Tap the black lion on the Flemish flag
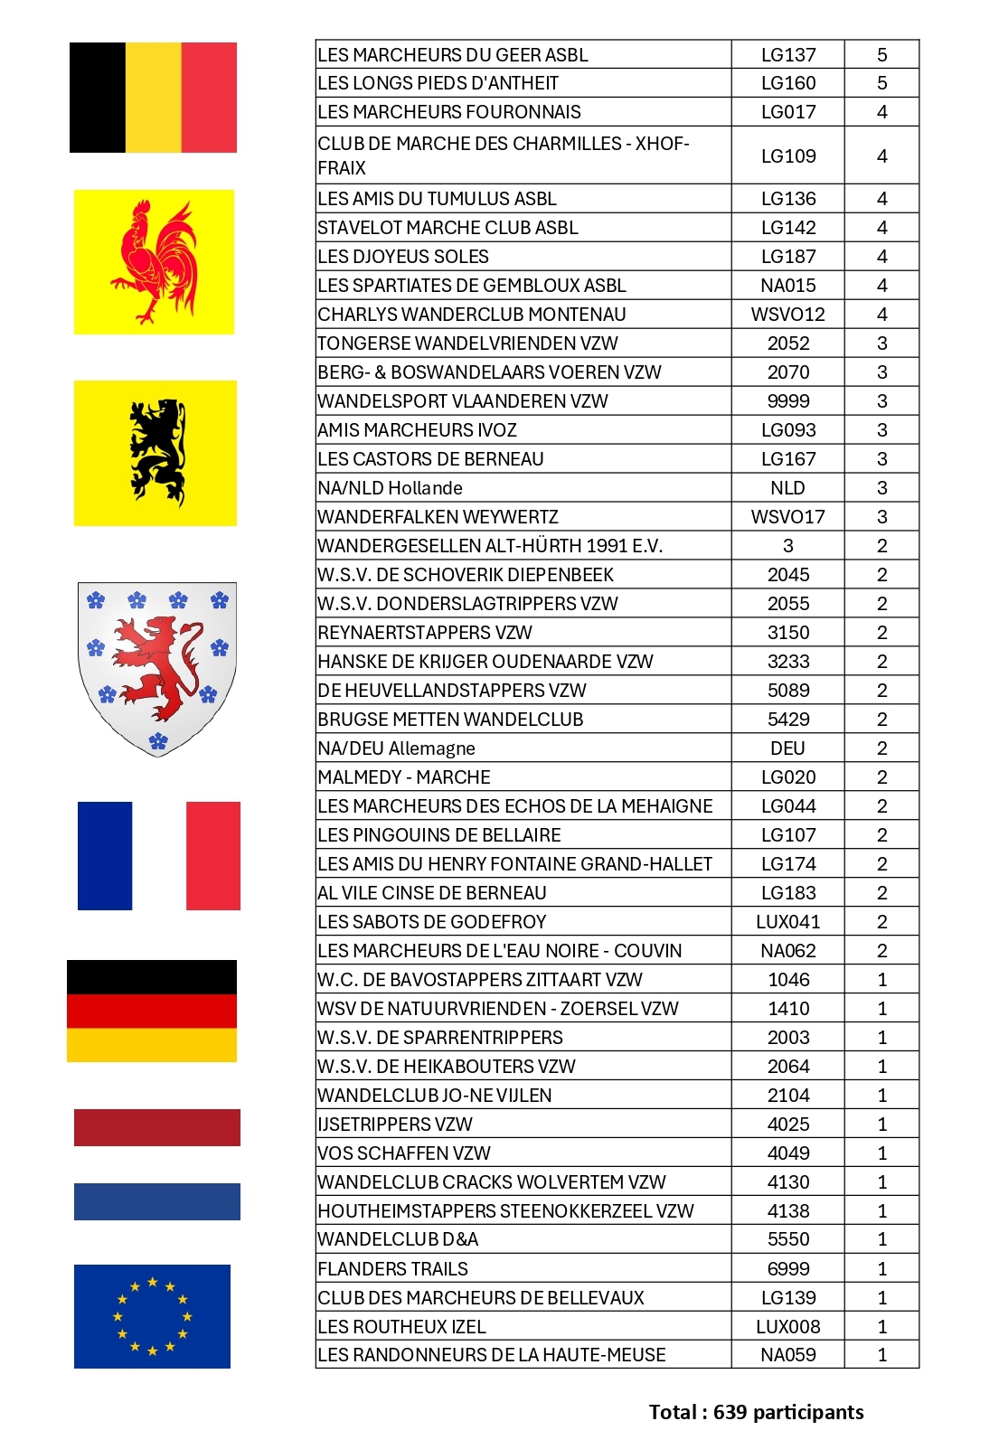157,452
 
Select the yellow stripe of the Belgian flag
153,98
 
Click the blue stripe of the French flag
105,855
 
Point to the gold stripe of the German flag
152,1045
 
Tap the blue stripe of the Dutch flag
157,1201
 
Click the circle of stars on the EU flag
152,1315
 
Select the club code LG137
788,55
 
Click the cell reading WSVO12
788,315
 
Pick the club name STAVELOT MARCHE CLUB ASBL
448,228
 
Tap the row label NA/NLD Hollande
391,488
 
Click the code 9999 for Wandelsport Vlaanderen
788,401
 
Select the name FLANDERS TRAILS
393,1269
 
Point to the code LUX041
788,922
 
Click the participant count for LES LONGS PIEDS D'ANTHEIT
882,83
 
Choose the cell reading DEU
788,748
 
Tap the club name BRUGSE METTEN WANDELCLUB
450,720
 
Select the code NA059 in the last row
788,1355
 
